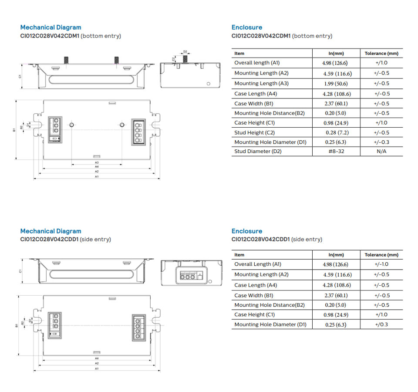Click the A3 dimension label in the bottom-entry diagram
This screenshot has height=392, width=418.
coord(97,162)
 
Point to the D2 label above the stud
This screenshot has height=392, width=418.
coord(185,51)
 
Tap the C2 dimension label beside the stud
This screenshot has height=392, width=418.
coord(173,59)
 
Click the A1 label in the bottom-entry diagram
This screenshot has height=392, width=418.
coord(97,177)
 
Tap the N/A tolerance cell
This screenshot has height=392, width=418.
coord(381,152)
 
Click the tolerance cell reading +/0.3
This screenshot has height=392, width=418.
coord(381,324)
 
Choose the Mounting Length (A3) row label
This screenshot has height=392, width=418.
coord(261,83)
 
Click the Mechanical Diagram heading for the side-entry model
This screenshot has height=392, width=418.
coord(51,231)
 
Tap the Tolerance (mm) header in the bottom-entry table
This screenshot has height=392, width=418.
coord(381,54)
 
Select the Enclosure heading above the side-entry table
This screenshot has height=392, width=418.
coord(247,231)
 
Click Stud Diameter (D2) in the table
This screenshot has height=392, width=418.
coord(258,152)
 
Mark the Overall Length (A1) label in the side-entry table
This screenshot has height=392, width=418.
coord(258,264)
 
